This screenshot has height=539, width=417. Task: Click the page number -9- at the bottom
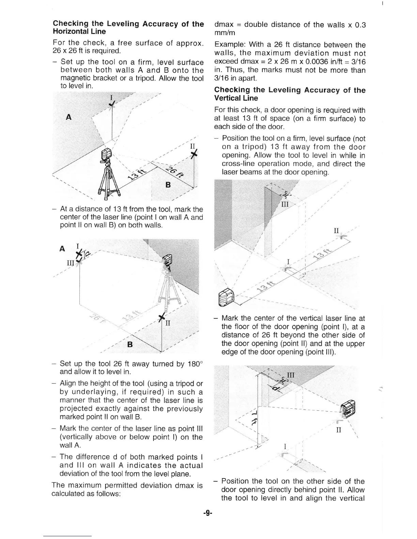(x=207, y=512)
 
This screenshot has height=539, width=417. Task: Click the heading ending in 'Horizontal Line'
(x=128, y=28)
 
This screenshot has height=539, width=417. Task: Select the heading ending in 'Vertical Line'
(x=289, y=94)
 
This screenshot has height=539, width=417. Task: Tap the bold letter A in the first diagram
(x=69, y=117)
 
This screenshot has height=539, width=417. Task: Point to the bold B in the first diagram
(x=168, y=185)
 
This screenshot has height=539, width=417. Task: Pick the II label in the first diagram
(x=192, y=147)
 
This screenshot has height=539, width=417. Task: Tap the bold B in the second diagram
(x=129, y=344)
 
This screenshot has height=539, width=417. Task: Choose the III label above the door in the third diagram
(x=284, y=204)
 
